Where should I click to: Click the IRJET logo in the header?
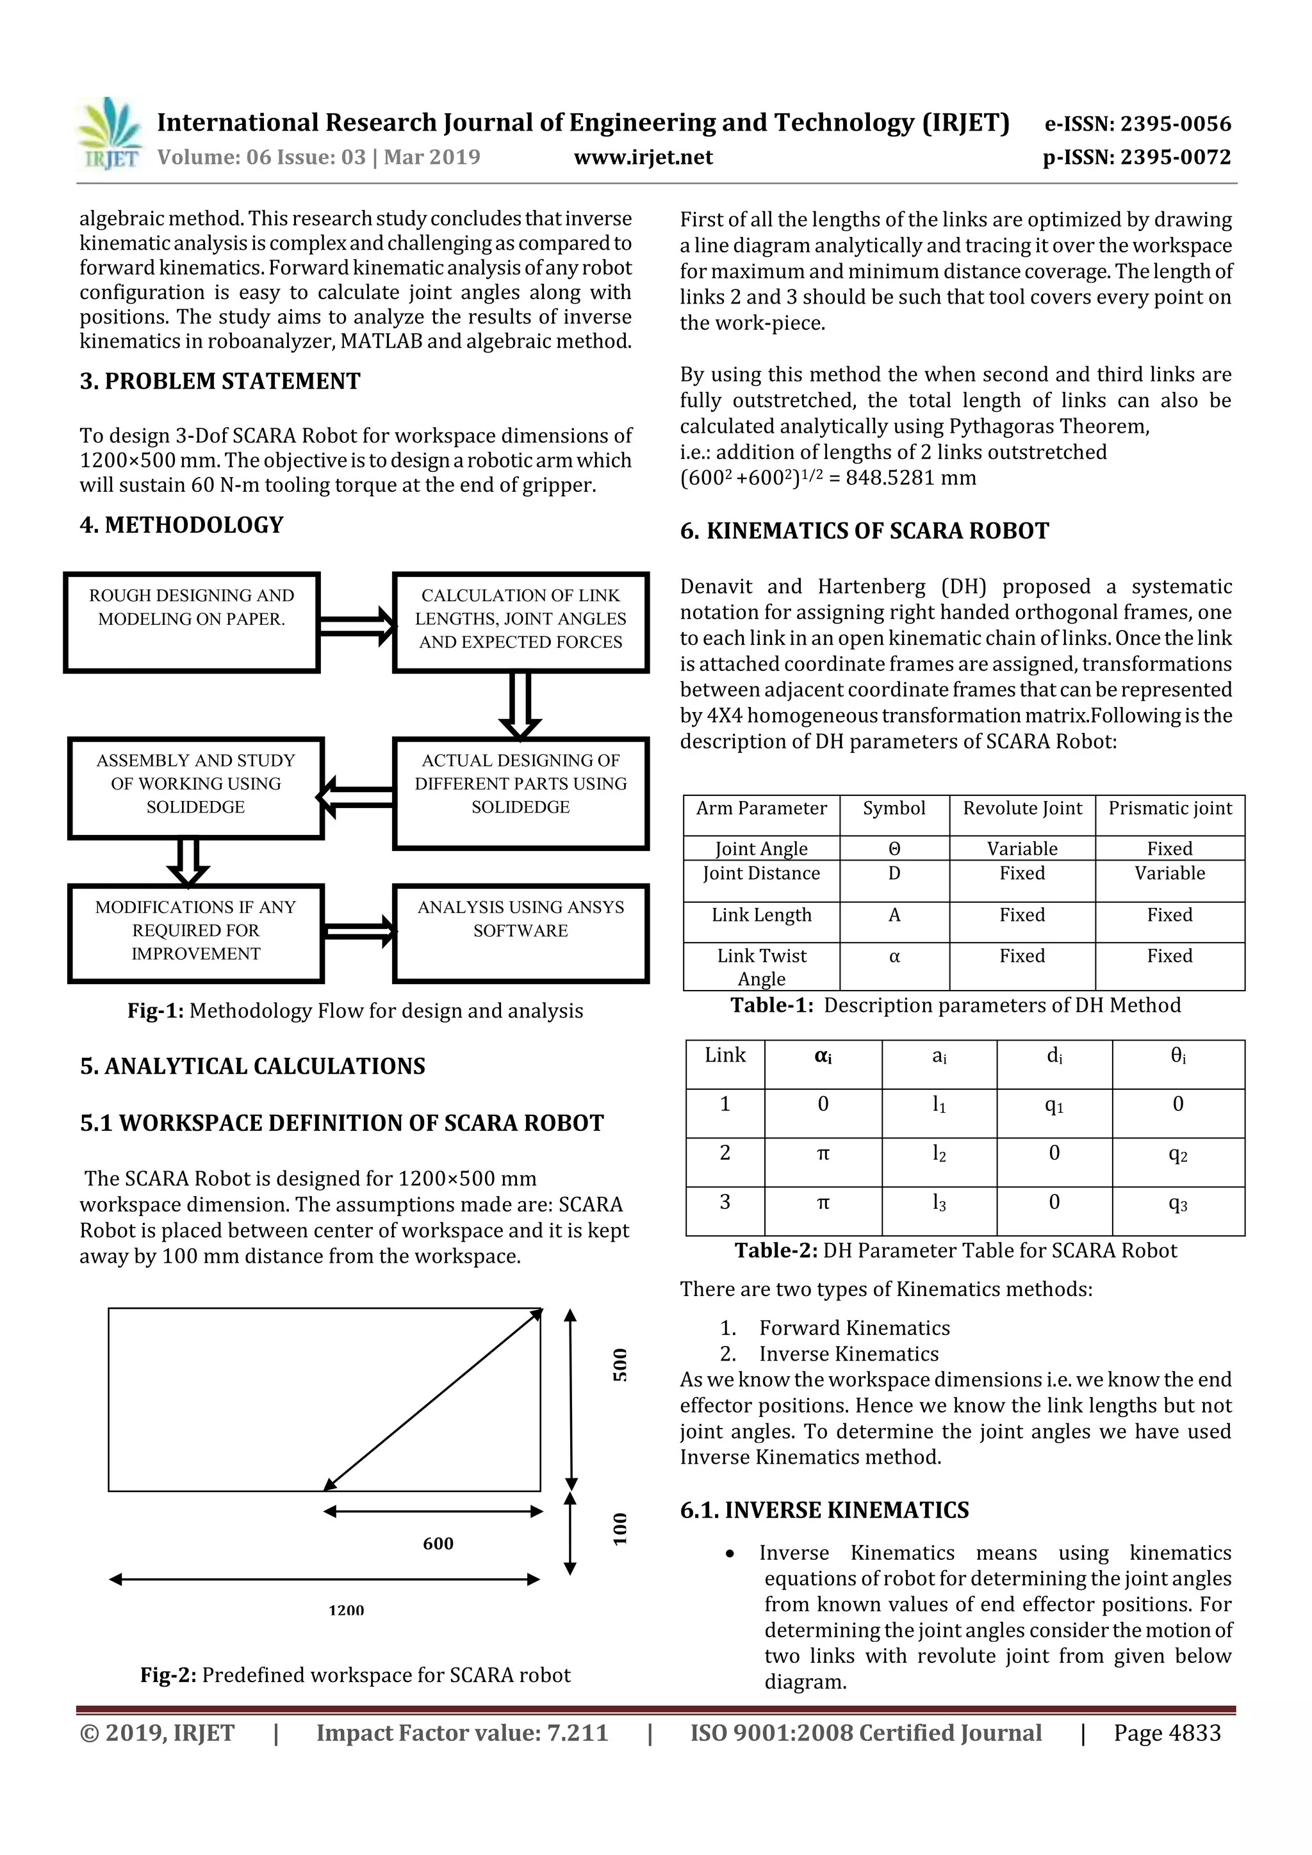[110, 133]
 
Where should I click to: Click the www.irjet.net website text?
[643, 157]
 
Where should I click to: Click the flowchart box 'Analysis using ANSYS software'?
[521, 933]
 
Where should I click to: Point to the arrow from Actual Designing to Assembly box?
[356, 797]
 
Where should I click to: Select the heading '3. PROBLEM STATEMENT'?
[220, 382]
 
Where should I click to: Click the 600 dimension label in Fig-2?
[438, 1543]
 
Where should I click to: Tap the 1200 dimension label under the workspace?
[346, 1610]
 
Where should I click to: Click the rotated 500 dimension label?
[619, 1365]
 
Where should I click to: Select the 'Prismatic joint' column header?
[1170, 808]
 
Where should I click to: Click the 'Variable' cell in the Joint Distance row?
[1169, 873]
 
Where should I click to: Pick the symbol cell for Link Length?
[894, 916]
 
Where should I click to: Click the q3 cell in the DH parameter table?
[1178, 1204]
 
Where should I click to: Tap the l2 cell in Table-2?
[939, 1154]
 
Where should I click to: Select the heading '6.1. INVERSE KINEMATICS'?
[824, 1510]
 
